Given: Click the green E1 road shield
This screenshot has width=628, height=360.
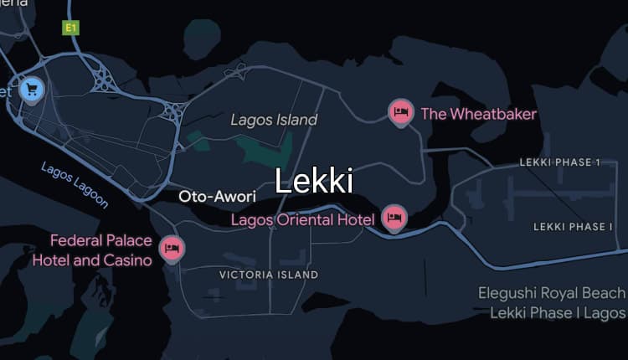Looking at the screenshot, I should pyautogui.click(x=71, y=28).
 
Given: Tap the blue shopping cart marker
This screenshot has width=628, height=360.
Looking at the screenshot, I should pyautogui.click(x=32, y=88).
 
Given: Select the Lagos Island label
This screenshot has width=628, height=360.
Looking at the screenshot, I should pyautogui.click(x=275, y=120).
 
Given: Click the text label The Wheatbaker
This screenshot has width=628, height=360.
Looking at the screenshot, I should pyautogui.click(x=478, y=114).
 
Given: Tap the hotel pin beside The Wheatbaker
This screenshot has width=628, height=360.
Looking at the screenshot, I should pyautogui.click(x=401, y=111).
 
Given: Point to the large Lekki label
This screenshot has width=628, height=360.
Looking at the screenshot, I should pyautogui.click(x=314, y=181).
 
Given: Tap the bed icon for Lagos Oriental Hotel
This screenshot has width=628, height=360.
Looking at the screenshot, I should pyautogui.click(x=394, y=218).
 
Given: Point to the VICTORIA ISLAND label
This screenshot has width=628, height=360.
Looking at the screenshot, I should pyautogui.click(x=269, y=275).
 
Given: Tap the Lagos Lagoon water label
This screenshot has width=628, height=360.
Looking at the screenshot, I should pyautogui.click(x=75, y=184).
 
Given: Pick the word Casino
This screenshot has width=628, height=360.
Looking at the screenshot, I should pyautogui.click(x=129, y=260).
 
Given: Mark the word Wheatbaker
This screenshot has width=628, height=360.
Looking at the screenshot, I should pyautogui.click(x=492, y=114).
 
